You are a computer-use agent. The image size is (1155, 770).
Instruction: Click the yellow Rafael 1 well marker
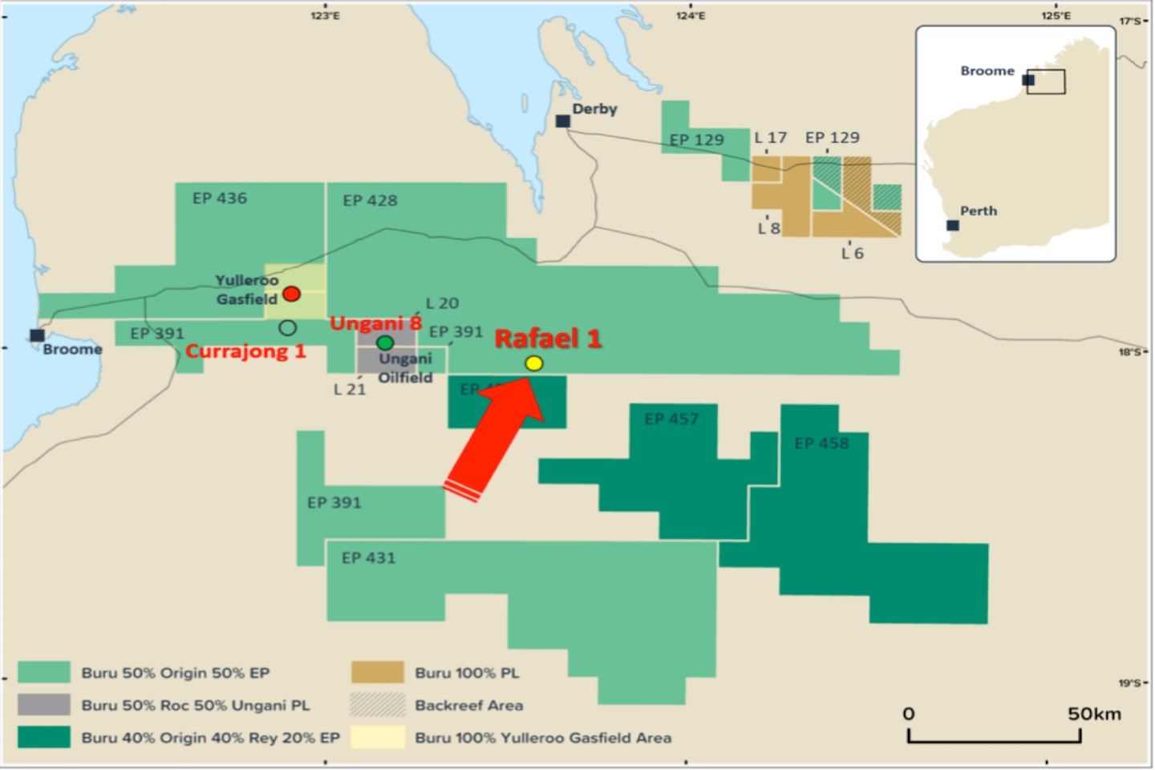click(x=533, y=363)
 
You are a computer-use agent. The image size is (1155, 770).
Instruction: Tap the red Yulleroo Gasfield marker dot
click(x=291, y=294)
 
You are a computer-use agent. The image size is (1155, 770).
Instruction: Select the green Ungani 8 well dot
click(x=385, y=343)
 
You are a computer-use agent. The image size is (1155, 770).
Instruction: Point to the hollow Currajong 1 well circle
click(x=287, y=327)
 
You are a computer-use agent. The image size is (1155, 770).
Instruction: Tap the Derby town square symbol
click(x=563, y=121)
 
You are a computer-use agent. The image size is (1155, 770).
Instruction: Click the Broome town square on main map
click(x=37, y=335)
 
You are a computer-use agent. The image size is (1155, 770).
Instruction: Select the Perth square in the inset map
click(x=953, y=225)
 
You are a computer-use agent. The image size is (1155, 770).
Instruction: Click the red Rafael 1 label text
click(x=548, y=338)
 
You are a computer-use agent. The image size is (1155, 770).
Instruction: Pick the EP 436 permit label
click(x=220, y=198)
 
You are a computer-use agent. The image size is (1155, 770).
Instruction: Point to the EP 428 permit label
click(x=370, y=201)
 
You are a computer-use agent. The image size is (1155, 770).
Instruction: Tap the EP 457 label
click(x=671, y=419)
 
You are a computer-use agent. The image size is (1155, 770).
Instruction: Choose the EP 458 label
click(x=821, y=443)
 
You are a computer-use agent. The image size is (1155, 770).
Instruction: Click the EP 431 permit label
click(x=369, y=557)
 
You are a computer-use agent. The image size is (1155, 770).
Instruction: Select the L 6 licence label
click(x=853, y=253)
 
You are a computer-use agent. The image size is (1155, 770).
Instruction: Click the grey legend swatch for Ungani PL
click(x=44, y=705)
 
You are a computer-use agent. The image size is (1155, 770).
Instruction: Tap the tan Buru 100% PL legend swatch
click(x=377, y=672)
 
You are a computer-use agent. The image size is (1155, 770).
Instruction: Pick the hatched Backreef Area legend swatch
click(x=377, y=705)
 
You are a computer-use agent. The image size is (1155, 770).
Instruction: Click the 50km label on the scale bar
click(x=1094, y=714)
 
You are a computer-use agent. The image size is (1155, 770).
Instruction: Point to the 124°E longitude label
click(x=691, y=15)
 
